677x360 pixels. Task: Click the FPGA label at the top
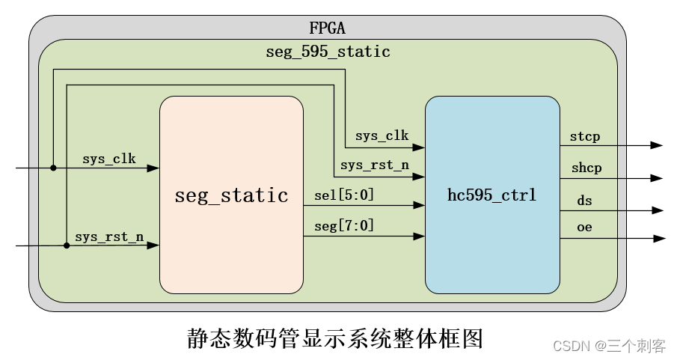327,28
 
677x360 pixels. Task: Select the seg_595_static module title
328,52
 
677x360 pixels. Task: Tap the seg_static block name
231,196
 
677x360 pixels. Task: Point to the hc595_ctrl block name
491,196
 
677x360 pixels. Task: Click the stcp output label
584,137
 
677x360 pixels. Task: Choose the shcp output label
586,169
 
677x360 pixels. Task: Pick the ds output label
584,201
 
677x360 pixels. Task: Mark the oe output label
584,227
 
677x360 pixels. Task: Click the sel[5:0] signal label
344,195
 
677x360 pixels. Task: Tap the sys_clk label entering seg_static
109,159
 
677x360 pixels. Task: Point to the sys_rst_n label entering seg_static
109,237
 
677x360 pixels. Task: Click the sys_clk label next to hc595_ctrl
382,136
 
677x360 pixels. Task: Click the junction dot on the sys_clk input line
53,168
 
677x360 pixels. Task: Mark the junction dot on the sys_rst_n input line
67,245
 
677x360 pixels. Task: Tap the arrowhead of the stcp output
657,145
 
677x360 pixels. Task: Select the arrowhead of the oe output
658,239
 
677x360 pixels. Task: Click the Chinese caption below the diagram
334,338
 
